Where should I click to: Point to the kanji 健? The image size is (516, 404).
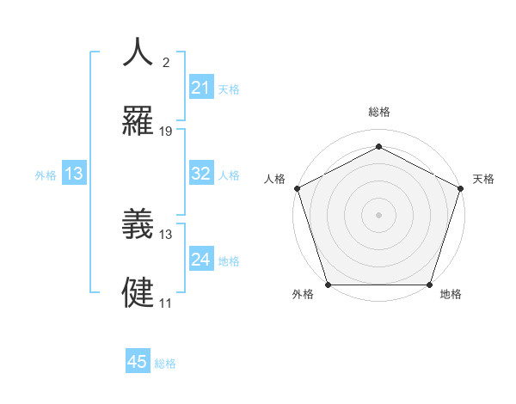click(x=138, y=292)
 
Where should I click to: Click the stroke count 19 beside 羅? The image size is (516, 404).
click(x=166, y=131)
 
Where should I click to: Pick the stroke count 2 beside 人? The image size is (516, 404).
click(x=166, y=63)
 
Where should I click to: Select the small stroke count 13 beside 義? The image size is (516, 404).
click(x=166, y=234)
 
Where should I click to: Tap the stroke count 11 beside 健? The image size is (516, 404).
click(x=166, y=303)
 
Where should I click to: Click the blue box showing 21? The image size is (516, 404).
click(x=201, y=88)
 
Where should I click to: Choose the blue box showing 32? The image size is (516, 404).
click(x=201, y=174)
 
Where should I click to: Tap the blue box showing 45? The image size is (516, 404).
click(x=138, y=362)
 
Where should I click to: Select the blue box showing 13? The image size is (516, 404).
click(x=74, y=174)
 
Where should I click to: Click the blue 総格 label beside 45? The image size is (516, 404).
click(x=165, y=364)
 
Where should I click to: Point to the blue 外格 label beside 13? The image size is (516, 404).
click(x=46, y=175)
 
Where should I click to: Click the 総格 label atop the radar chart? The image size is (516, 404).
click(x=379, y=112)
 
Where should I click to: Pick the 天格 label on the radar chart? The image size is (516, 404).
click(x=483, y=179)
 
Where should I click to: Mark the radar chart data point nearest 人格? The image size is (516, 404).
click(x=297, y=187)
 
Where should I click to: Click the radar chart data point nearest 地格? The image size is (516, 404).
click(x=430, y=285)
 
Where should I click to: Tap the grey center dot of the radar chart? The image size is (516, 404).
click(x=379, y=214)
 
